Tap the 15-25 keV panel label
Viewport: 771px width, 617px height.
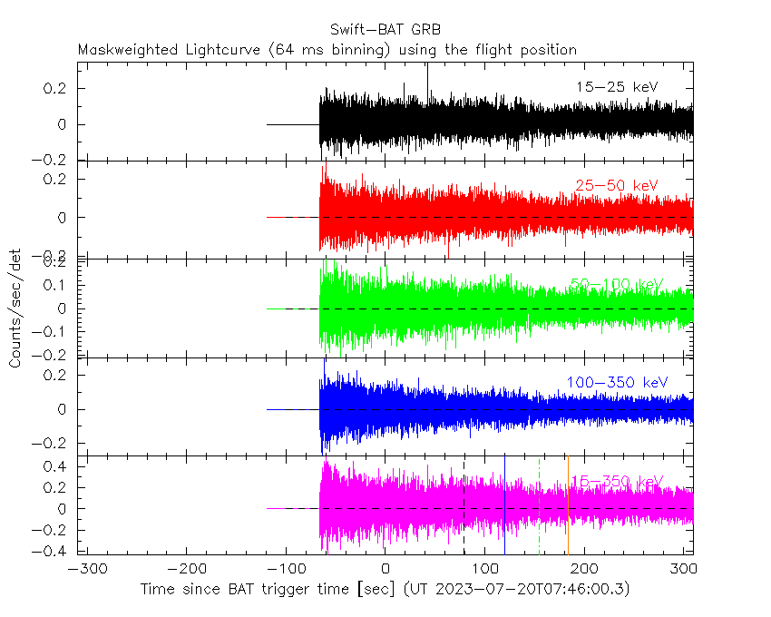617,87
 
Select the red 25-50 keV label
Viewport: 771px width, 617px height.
617,186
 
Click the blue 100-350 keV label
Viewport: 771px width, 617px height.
617,383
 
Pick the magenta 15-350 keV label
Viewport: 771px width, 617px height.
617,481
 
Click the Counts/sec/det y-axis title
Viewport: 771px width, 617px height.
15,308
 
